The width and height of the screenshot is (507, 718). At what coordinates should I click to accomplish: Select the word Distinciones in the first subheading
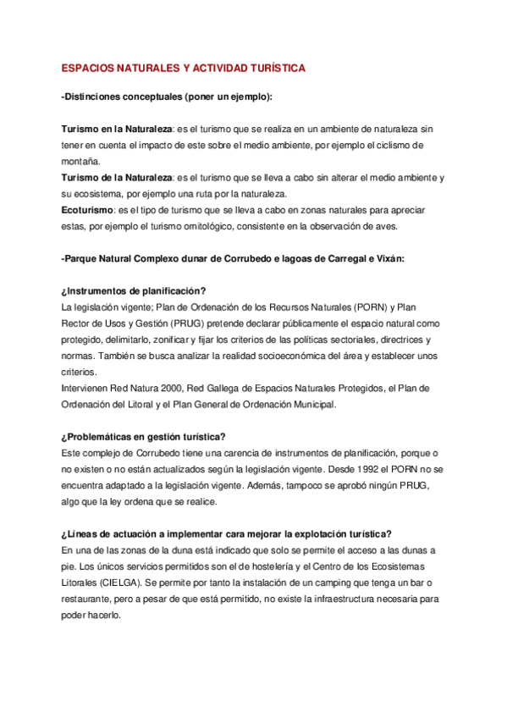(94, 97)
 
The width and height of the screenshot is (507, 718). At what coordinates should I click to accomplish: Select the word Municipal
(312, 404)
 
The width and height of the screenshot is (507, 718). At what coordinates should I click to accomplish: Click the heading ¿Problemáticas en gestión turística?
(144, 437)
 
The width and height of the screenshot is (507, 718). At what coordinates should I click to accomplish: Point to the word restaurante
(90, 599)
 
